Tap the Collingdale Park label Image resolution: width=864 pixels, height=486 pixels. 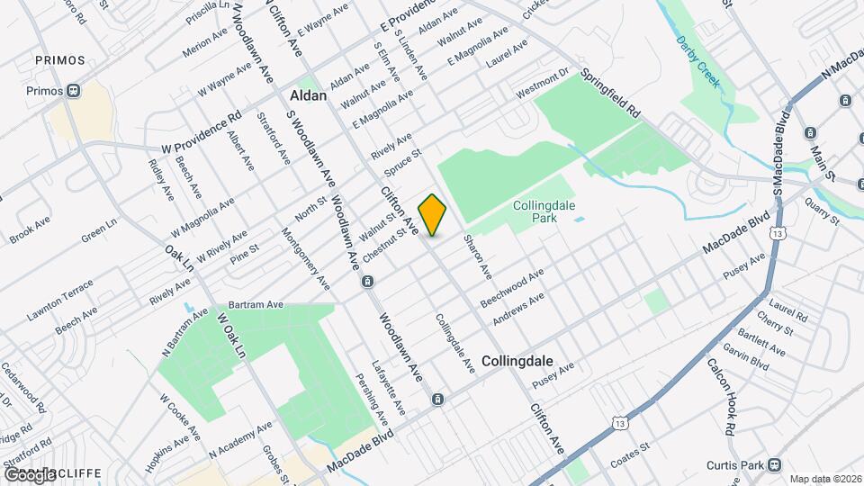point(544,211)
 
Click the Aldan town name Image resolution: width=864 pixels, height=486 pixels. point(307,94)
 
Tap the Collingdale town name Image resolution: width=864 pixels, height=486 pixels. point(516,359)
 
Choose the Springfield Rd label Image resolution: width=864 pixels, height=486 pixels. point(610,94)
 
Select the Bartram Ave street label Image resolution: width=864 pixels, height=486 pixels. point(256,305)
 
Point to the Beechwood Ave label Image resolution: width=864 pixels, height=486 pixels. point(512,287)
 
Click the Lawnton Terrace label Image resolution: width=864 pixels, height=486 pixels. point(59,298)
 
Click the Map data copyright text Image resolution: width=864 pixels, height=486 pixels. point(824,478)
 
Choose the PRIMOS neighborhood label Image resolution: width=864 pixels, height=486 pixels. point(60,60)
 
